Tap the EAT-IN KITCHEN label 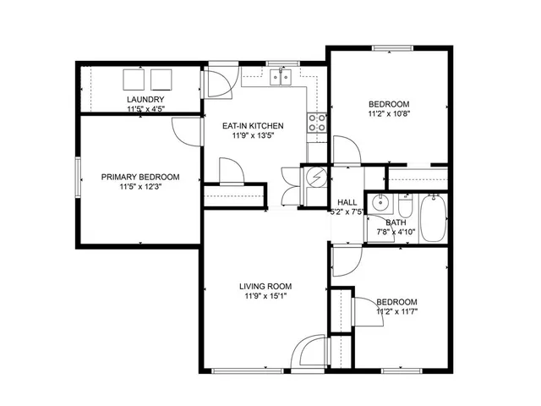pyautogui.click(x=253, y=126)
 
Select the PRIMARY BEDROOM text pyautogui.click(x=140, y=177)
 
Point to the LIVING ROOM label pyautogui.click(x=265, y=286)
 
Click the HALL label pyautogui.click(x=347, y=203)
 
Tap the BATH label pyautogui.click(x=396, y=222)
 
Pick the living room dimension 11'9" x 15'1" pyautogui.click(x=265, y=296)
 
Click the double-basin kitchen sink pyautogui.click(x=281, y=79)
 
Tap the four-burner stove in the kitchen pyautogui.click(x=318, y=123)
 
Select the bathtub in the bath pyautogui.click(x=434, y=219)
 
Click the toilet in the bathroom pyautogui.click(x=405, y=207)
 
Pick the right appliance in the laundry pyautogui.click(x=161, y=80)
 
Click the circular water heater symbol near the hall pyautogui.click(x=315, y=178)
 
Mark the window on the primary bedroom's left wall pyautogui.click(x=78, y=178)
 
